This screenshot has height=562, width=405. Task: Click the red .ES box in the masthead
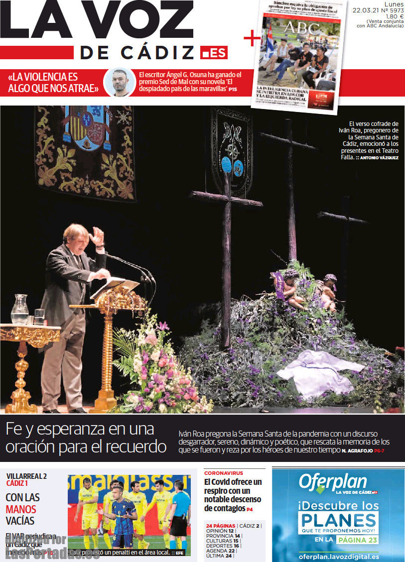214,52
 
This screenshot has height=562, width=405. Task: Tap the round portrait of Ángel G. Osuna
120,82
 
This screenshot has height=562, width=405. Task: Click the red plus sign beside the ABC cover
252,38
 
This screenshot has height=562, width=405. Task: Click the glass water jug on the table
19,309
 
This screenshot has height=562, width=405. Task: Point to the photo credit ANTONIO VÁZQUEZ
379,158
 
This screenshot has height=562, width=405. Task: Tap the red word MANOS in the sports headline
21,509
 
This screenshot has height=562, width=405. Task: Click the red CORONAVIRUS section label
224,472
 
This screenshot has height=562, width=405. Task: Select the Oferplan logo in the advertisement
333,482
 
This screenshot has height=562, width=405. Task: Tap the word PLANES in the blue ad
338,520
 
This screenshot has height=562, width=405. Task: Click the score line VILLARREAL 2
26,476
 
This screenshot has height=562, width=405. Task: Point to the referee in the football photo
180,513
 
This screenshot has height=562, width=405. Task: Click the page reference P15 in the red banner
233,89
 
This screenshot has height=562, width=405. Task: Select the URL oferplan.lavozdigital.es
339,556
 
